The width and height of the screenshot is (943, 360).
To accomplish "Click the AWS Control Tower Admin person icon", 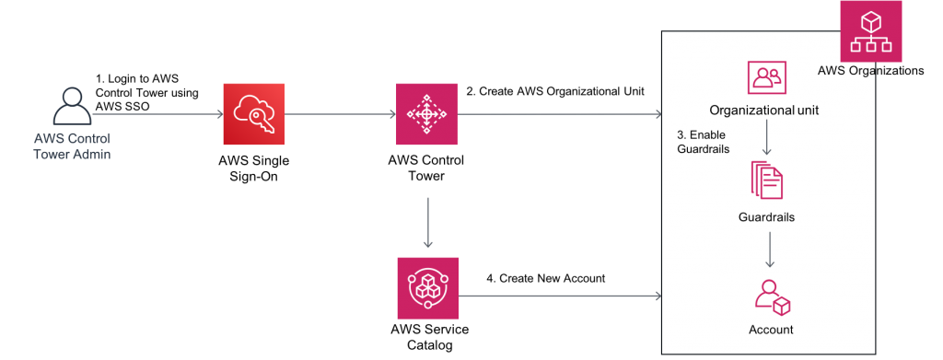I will tap(72, 107).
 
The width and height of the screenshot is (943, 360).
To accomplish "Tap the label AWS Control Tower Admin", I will tap(72, 146).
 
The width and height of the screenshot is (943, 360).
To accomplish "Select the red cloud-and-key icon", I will tap(253, 114).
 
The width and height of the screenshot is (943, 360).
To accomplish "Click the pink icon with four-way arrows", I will tap(426, 114).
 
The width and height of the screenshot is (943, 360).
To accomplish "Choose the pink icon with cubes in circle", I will tap(427, 288).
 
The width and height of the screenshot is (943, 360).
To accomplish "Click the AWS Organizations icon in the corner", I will tap(871, 31).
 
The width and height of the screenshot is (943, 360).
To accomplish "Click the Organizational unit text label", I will tap(764, 110).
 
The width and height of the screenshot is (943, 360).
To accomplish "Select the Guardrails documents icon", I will tap(766, 180).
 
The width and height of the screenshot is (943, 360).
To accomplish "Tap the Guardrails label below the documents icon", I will tap(766, 218).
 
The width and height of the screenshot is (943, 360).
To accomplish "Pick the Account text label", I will tap(771, 329).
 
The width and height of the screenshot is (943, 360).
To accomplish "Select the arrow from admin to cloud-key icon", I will tap(157, 115).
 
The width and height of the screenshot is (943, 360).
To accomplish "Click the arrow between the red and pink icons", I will tap(340, 115).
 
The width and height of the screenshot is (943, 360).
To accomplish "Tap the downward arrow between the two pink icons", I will tap(427, 221).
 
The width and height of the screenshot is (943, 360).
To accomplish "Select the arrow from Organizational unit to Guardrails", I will tap(766, 140).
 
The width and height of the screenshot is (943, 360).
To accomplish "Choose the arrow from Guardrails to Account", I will tap(769, 250).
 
